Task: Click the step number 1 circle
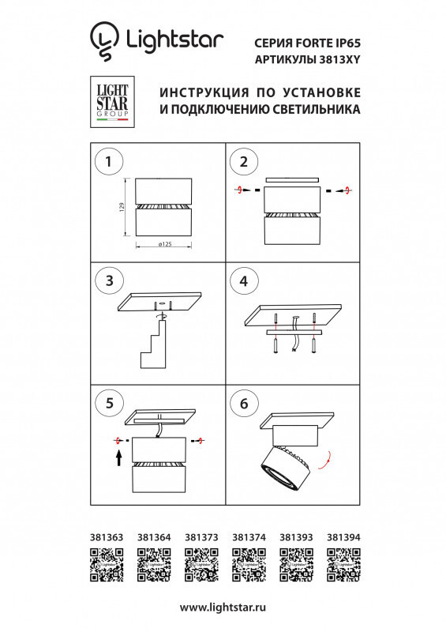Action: pyautogui.click(x=107, y=162)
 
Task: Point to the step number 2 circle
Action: pyautogui.click(x=243, y=162)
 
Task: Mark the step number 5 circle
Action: pyautogui.click(x=107, y=403)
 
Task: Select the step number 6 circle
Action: pyautogui.click(x=243, y=403)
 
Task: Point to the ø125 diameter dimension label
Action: pyautogui.click(x=165, y=245)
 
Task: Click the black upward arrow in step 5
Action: pyautogui.click(x=118, y=457)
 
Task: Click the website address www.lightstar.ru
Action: pyautogui.click(x=223, y=608)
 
